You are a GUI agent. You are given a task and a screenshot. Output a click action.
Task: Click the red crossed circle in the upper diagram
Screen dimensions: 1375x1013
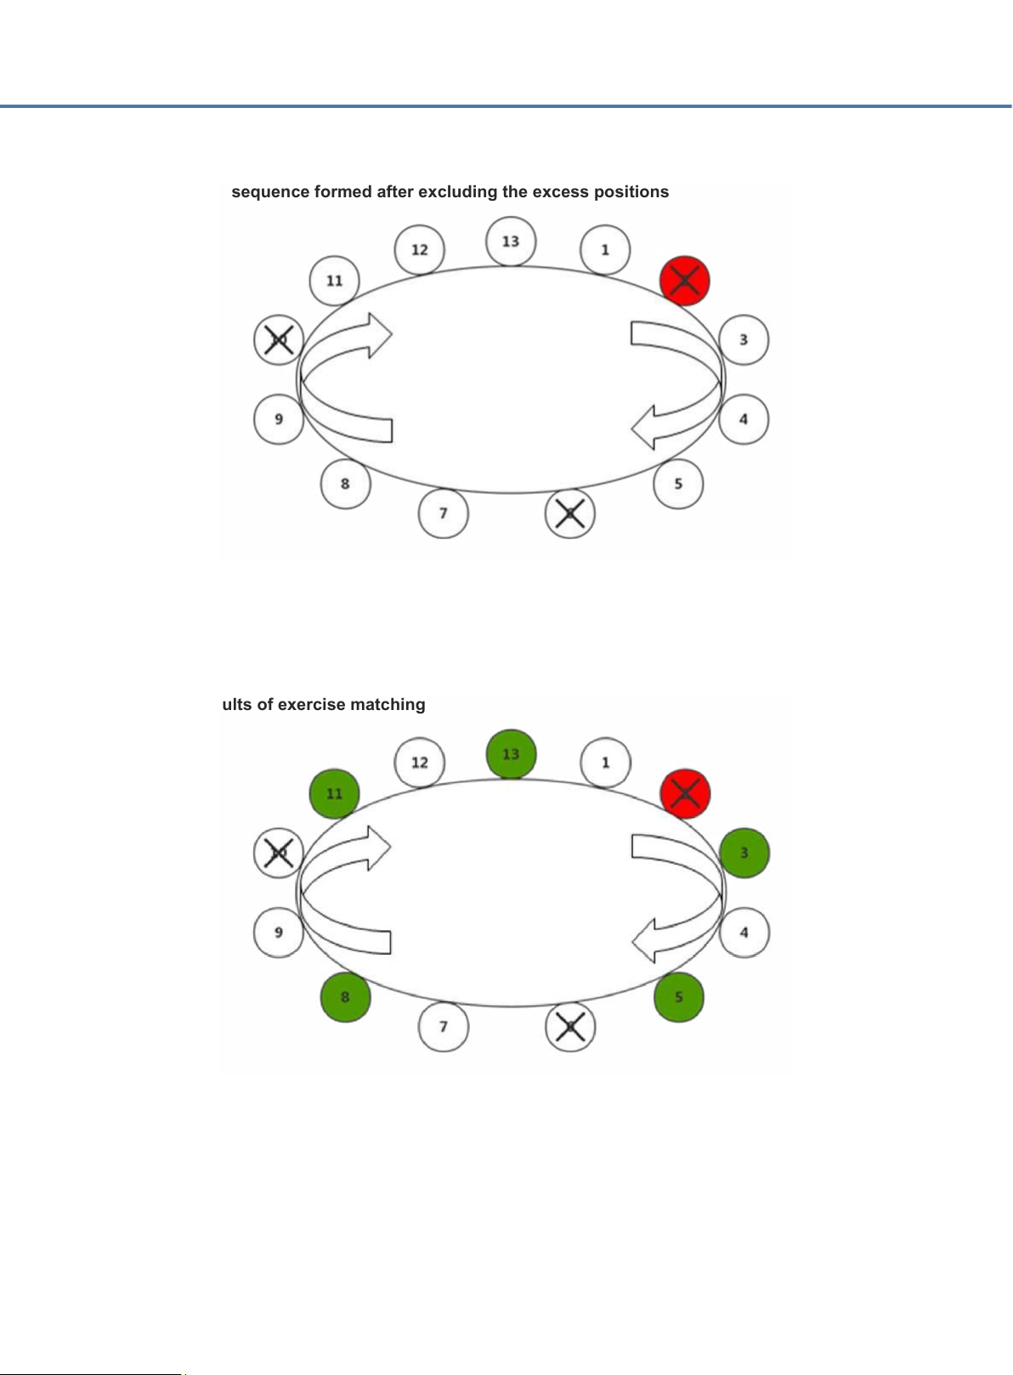(x=685, y=281)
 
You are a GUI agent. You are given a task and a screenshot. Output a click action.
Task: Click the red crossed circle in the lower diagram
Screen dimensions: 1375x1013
(x=685, y=793)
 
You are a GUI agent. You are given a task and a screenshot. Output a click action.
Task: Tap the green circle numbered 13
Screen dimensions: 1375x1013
(x=511, y=754)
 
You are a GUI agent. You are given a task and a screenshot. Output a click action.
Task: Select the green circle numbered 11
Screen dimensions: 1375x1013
(x=335, y=793)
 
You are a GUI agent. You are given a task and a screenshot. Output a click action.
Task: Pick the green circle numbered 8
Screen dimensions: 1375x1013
(x=345, y=997)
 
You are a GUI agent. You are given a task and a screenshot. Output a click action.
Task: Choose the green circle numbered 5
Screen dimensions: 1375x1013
(x=678, y=997)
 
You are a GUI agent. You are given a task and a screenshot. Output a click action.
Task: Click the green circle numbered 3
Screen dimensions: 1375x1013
(x=744, y=852)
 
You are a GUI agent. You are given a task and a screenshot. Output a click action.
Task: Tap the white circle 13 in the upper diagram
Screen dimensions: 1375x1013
(x=511, y=241)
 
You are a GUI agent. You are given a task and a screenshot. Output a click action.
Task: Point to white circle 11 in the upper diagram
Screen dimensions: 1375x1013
(x=335, y=281)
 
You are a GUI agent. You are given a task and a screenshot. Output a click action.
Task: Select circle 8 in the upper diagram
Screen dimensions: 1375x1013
(x=345, y=484)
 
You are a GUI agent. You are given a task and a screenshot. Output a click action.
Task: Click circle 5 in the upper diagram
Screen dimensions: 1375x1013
(x=678, y=484)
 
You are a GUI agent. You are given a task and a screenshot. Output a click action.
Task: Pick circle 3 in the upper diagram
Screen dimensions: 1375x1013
(x=744, y=339)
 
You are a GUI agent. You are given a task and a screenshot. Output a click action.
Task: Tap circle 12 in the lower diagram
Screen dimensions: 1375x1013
(x=420, y=762)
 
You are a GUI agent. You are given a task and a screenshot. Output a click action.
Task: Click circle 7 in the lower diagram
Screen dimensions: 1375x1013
(x=444, y=1026)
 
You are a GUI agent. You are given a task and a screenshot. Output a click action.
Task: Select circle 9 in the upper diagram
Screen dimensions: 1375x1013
(x=279, y=418)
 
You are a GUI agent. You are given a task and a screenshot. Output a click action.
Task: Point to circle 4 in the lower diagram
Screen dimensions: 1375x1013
(x=744, y=932)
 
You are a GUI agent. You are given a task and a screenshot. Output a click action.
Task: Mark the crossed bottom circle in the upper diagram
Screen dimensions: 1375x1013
(x=569, y=514)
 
